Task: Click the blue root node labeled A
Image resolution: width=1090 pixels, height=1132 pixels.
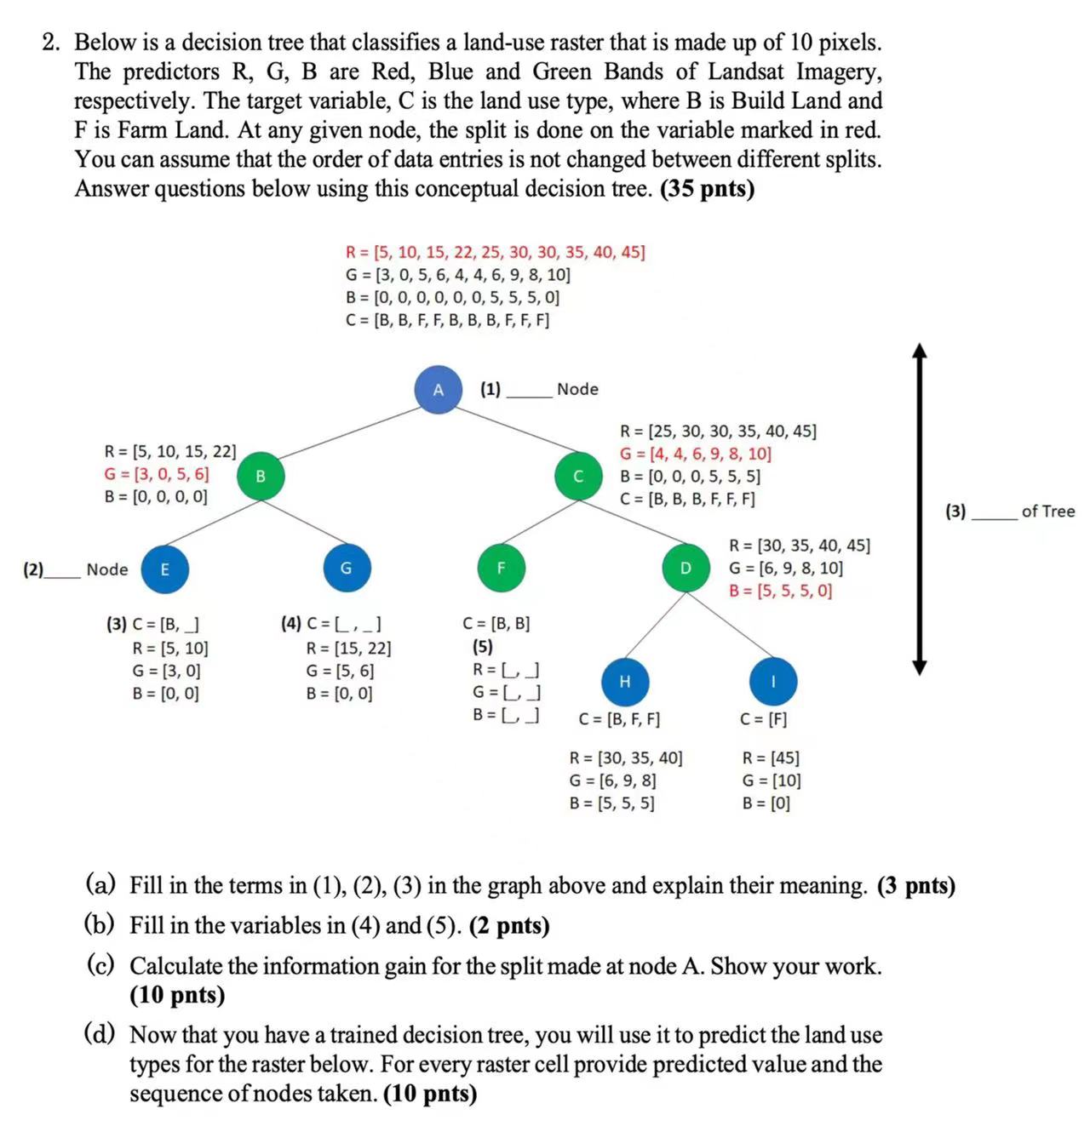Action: coord(438,390)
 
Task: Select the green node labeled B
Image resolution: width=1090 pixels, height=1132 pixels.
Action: coord(261,476)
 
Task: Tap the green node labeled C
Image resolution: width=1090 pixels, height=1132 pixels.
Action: coord(578,476)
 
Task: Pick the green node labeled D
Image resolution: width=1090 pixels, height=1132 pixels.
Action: coord(686,568)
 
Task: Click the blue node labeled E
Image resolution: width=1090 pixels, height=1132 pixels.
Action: coord(164,569)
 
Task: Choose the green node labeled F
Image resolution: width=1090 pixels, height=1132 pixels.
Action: coord(501,568)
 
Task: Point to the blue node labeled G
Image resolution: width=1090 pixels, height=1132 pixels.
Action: coord(346,568)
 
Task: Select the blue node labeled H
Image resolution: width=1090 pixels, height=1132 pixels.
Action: coord(625,682)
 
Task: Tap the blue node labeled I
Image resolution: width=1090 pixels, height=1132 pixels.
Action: coord(773,682)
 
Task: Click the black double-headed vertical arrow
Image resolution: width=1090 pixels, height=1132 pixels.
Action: coord(919,509)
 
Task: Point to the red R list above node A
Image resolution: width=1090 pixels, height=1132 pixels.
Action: coord(495,252)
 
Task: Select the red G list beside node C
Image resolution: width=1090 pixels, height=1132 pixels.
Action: coord(695,454)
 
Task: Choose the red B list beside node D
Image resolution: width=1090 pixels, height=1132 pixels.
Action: coord(780,591)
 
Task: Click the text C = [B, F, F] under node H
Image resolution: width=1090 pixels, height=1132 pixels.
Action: coord(619,719)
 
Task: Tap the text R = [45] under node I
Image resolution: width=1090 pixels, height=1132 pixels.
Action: coord(771,758)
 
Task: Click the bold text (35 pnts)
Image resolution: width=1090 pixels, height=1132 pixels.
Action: coord(707,188)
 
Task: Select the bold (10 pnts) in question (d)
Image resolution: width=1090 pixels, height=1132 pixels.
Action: coord(430,1093)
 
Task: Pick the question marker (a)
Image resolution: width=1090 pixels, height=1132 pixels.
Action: coord(100,885)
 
